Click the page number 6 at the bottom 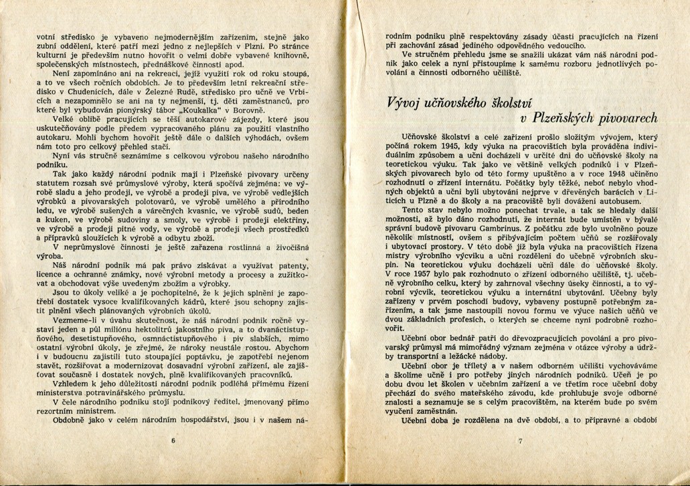coord(172,441)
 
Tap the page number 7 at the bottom coord(519,441)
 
